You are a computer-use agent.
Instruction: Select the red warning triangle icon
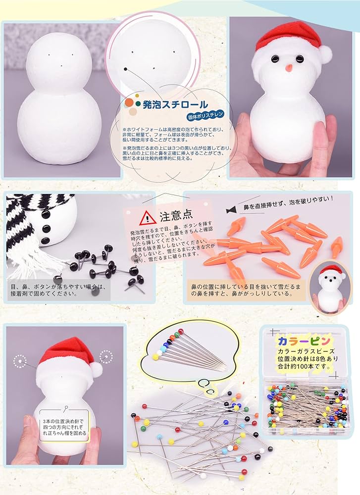point(147,217)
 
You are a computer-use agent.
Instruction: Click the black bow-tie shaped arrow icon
point(230,210)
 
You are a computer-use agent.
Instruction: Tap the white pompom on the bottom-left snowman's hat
point(96,369)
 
